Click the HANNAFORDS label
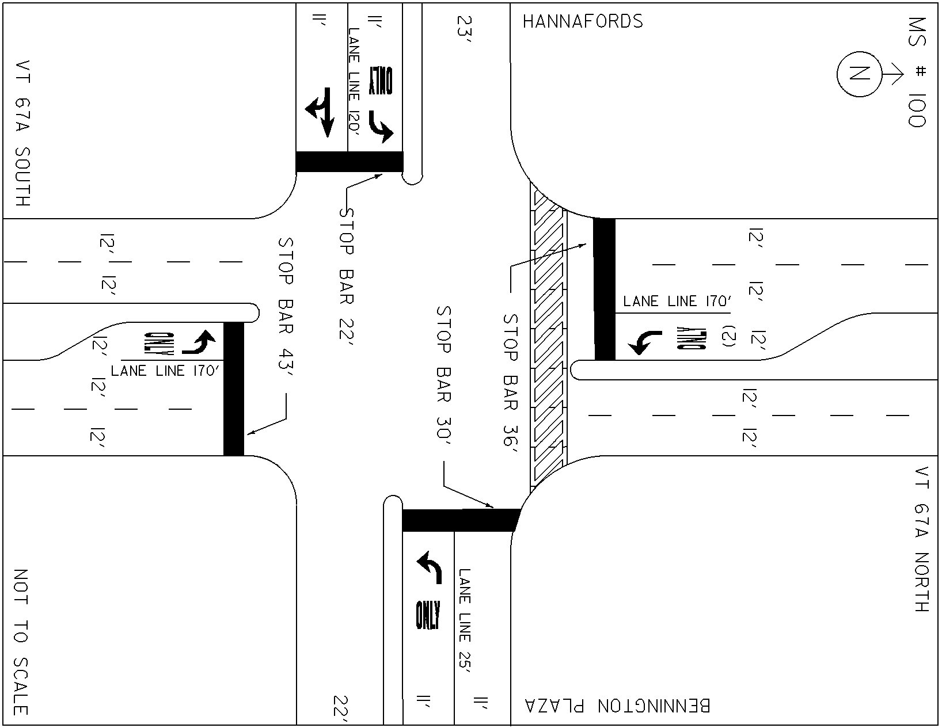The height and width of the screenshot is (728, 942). pos(583,21)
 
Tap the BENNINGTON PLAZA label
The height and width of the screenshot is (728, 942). pos(618,706)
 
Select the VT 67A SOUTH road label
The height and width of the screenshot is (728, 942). pos(22,133)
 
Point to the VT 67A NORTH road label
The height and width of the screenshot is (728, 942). pos(922,539)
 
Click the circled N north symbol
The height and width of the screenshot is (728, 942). pos(860,74)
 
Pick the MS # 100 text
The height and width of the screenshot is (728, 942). pos(917,73)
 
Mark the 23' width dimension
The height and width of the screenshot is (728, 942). pos(464,29)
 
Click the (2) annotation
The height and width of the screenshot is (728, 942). pos(729,336)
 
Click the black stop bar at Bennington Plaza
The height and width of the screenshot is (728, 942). pos(461,520)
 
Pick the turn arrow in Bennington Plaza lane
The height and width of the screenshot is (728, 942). pos(430,567)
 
